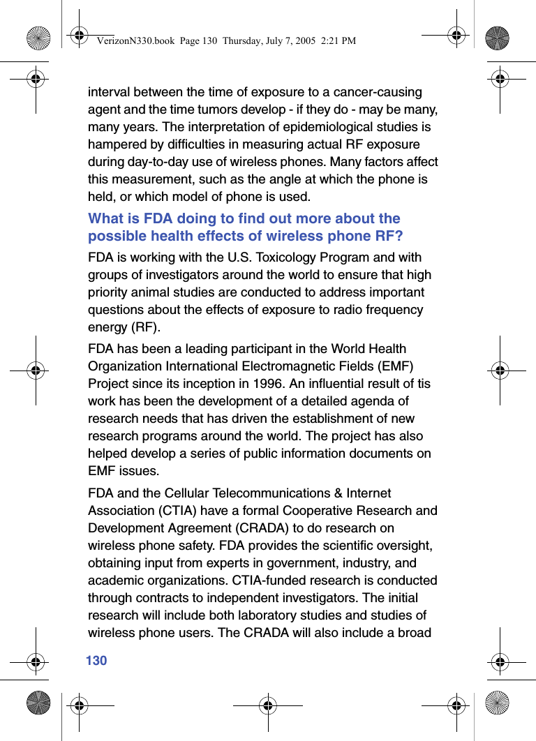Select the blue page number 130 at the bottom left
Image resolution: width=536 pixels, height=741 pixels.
point(96,660)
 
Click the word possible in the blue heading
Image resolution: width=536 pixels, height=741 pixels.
point(114,236)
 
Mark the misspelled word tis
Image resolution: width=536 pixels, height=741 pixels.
point(423,384)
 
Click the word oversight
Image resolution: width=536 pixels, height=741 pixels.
point(406,546)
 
